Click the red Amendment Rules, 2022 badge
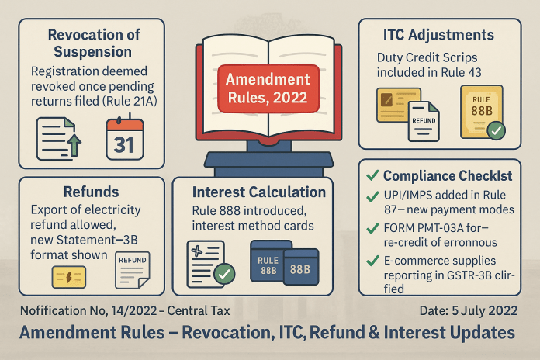(268, 88)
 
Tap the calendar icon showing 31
(125, 138)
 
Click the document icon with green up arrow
(58, 139)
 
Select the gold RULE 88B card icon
(483, 112)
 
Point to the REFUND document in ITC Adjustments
(424, 121)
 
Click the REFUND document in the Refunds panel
(133, 270)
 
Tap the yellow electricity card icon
(69, 277)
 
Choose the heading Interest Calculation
(259, 192)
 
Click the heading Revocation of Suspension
(93, 43)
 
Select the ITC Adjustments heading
(438, 35)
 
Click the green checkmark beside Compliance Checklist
(372, 175)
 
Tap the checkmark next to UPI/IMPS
(372, 196)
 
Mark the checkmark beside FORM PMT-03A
(372, 228)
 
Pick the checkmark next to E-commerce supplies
(372, 261)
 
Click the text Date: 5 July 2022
(469, 311)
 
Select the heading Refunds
(92, 192)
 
